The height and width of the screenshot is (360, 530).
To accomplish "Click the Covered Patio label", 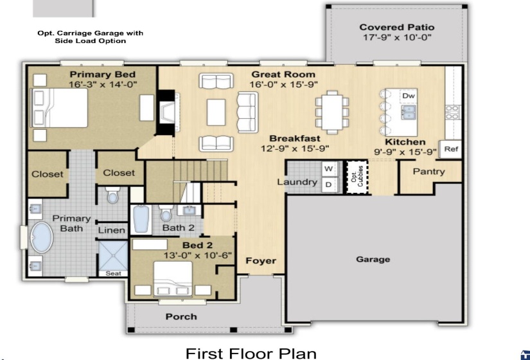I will (396, 27).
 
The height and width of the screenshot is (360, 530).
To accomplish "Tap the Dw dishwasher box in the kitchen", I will (409, 96).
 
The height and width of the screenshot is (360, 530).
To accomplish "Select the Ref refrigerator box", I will (451, 149).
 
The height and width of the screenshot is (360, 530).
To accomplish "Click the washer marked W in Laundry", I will (328, 169).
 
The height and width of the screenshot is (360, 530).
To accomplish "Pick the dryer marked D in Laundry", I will (328, 185).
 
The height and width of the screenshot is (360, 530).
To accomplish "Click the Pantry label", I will (428, 172).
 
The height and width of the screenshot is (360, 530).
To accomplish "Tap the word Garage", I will (373, 259).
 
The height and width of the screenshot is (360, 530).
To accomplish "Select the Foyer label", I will (261, 260).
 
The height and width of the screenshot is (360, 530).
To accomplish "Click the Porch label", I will (181, 316).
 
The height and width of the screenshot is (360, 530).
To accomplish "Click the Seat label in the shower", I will (112, 273).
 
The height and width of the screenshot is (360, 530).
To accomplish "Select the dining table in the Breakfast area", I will (331, 110).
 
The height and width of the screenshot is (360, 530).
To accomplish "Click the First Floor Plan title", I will (251, 353).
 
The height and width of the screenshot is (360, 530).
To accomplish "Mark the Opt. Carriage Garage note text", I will (90, 37).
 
